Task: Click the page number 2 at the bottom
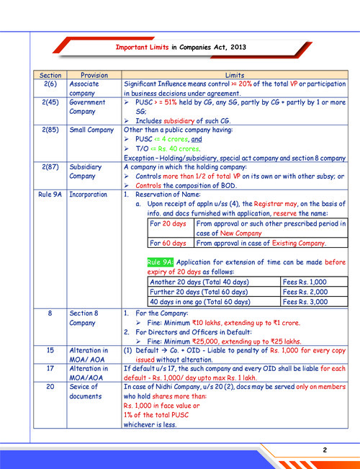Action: pyautogui.click(x=325, y=450)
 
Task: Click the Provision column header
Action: pyautogui.click(x=94, y=75)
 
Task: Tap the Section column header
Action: pyautogui.click(x=50, y=75)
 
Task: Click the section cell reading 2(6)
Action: pyautogui.click(x=50, y=84)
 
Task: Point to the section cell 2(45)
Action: pyautogui.click(x=50, y=102)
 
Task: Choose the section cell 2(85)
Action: pyautogui.click(x=50, y=129)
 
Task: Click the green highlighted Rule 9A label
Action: pyautogui.click(x=160, y=262)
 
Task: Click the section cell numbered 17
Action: pyautogui.click(x=50, y=367)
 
